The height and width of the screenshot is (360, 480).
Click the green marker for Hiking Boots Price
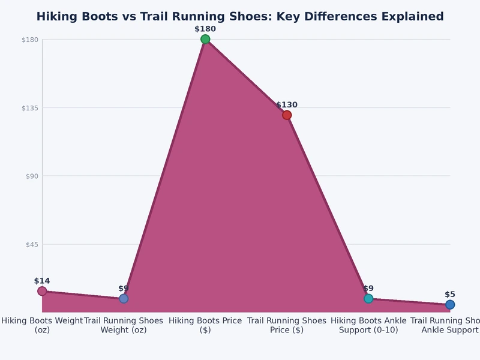205,40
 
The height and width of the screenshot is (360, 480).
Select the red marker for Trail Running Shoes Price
287,115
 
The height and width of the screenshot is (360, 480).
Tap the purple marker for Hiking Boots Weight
42,291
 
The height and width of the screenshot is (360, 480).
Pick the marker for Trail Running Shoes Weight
124,298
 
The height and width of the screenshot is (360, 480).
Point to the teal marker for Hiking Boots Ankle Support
368,298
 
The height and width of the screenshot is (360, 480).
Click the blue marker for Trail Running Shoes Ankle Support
450,305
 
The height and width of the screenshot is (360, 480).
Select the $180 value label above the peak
205,29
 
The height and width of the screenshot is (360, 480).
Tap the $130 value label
287,105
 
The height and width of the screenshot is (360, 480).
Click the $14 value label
42,281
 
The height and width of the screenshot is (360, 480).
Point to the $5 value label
450,295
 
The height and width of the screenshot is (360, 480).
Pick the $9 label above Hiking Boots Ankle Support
368,289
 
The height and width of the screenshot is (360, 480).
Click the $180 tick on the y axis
30,40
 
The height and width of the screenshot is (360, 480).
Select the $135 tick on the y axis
30,108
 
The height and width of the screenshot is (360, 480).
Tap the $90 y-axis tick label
32,176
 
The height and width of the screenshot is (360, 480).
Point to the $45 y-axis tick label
32,244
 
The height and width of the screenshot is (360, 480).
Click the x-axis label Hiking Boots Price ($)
205,325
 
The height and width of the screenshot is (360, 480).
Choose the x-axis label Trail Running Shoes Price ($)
287,325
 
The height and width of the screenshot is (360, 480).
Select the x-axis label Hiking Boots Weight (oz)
42,325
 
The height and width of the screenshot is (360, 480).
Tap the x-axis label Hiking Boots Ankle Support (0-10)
368,325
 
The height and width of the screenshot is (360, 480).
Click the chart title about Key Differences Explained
240,17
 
